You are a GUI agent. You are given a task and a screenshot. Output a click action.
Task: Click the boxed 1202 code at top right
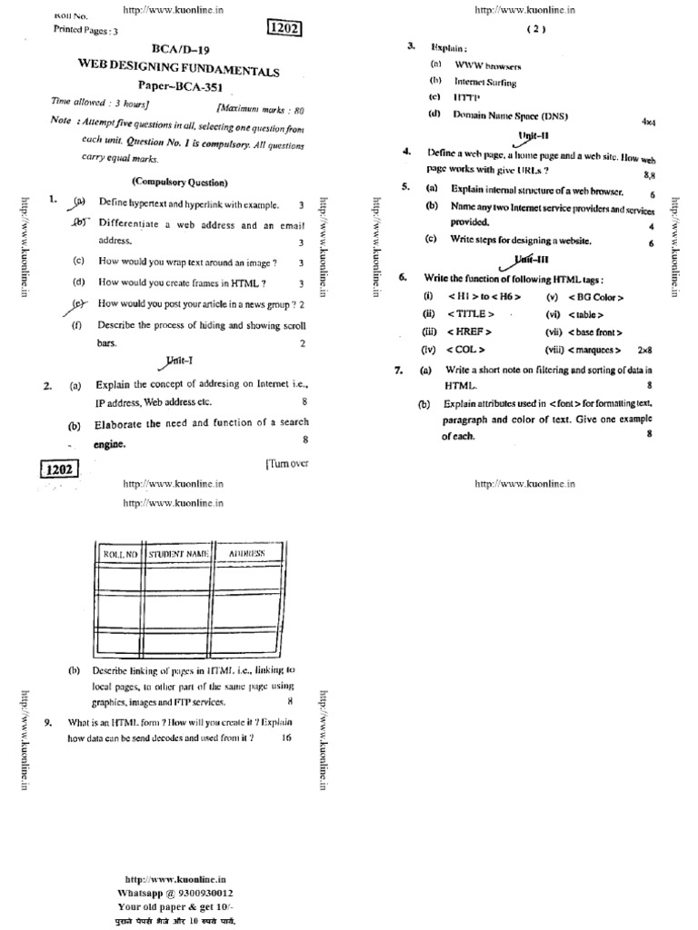[x=282, y=29]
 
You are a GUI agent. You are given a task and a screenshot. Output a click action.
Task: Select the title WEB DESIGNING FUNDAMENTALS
[x=179, y=70]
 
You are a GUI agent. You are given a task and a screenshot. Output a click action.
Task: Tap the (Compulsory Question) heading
[x=179, y=182]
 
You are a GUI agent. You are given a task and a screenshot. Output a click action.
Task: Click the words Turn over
[x=287, y=463]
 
